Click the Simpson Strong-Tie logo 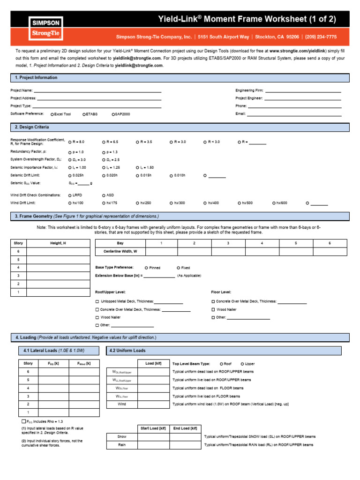click(46, 28)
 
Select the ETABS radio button click(84, 114)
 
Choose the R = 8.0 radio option click(70, 142)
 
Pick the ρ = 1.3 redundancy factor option click(104, 152)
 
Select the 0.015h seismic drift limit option click(137, 175)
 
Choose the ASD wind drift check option click(104, 195)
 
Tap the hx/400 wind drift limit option click(205, 203)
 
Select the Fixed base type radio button click(178, 268)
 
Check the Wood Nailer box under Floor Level click(213, 310)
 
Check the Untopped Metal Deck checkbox click(97, 301)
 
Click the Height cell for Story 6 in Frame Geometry click(58, 251)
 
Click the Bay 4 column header click(262, 243)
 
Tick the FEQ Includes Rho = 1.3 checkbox click(24, 421)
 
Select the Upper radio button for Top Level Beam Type click(242, 364)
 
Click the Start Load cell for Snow click(153, 436)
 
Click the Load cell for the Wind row click(153, 404)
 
